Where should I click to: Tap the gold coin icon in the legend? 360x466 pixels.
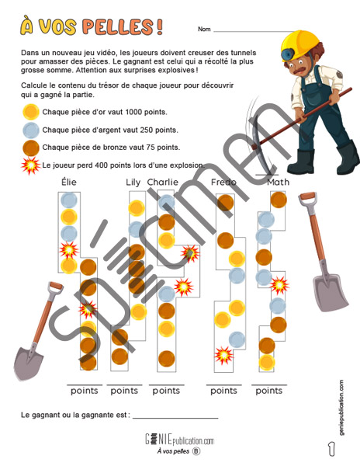click(31, 112)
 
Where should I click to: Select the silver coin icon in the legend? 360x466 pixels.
click(31, 130)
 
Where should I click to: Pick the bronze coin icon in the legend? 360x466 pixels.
click(31, 148)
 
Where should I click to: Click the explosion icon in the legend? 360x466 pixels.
click(30, 165)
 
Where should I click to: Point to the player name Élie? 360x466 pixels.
click(69, 182)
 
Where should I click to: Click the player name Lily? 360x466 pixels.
click(133, 183)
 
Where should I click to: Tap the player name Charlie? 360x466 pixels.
click(163, 182)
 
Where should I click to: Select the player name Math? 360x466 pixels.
click(278, 182)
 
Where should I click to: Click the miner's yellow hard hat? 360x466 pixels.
click(300, 44)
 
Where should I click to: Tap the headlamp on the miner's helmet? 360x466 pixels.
click(288, 54)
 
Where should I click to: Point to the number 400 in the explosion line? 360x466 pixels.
click(100, 165)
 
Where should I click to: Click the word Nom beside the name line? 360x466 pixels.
click(204, 30)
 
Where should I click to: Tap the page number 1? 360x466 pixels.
click(331, 449)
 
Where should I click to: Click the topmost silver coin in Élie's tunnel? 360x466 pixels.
click(69, 200)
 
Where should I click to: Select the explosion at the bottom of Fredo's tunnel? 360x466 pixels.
click(223, 355)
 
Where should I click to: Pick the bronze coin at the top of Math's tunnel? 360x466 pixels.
click(279, 200)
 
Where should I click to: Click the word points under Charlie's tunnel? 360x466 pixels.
click(166, 391)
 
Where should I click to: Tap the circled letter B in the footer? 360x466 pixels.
click(196, 451)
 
